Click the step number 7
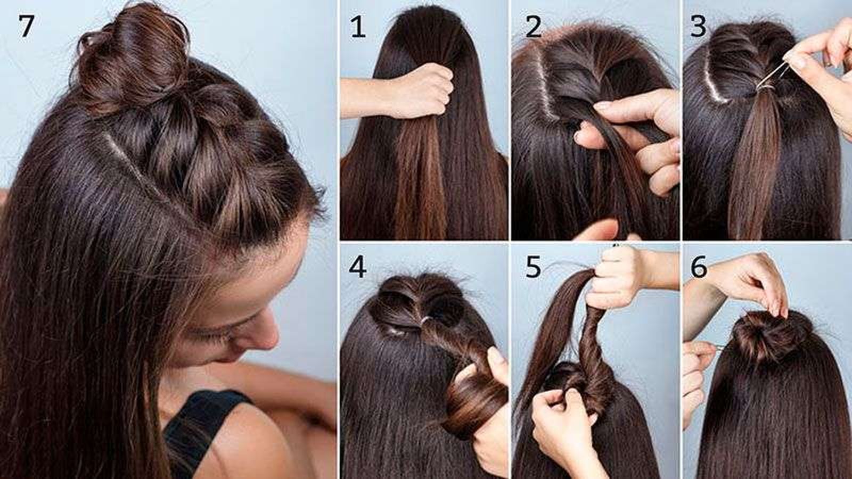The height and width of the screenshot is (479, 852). click(x=26, y=26)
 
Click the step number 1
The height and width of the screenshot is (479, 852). click(x=357, y=27)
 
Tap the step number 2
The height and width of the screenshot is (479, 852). click(x=533, y=27)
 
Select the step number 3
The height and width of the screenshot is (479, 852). click(x=698, y=27)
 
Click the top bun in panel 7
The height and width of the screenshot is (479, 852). click(x=133, y=61)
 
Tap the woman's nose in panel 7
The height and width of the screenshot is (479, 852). click(x=263, y=331)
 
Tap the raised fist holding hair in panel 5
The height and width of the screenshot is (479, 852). click(x=616, y=277)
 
